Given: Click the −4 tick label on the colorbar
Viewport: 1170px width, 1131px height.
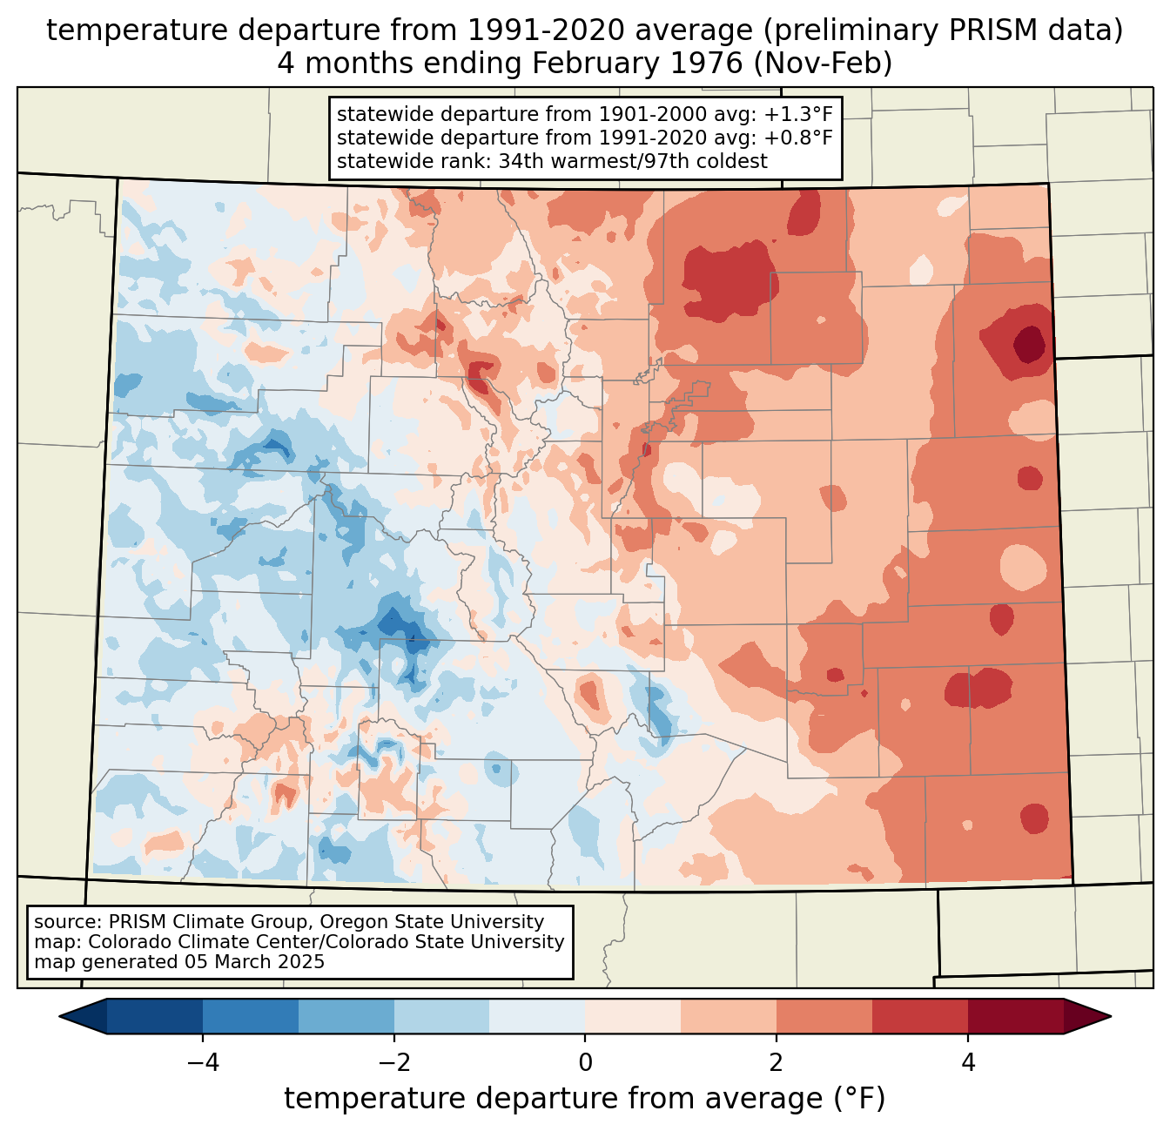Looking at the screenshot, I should pos(202,1063).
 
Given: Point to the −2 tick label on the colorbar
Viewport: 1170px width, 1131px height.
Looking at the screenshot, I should pos(393,1063).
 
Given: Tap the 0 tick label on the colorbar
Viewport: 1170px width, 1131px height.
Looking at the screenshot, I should pos(585,1063).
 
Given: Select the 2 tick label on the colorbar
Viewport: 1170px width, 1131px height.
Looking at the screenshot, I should pos(777,1063).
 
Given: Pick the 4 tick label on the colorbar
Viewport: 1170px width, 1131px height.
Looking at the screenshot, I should pos(968,1063).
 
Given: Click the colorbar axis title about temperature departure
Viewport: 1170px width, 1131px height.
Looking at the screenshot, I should pos(584,1099).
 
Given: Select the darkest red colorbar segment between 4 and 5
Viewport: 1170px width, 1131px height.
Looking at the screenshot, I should pos(1015,1016).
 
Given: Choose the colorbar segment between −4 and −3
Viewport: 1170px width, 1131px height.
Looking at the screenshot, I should pos(251,1016).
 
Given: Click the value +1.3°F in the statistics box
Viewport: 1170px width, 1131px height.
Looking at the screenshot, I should pos(798,114).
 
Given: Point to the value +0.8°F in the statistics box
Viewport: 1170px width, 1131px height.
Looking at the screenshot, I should pos(798,138).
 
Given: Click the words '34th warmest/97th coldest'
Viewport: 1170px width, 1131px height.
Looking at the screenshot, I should pos(633,161).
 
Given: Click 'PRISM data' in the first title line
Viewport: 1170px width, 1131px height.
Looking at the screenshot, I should pos(1035,30).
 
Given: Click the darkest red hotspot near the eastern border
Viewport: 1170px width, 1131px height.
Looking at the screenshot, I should pos(1030,342).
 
